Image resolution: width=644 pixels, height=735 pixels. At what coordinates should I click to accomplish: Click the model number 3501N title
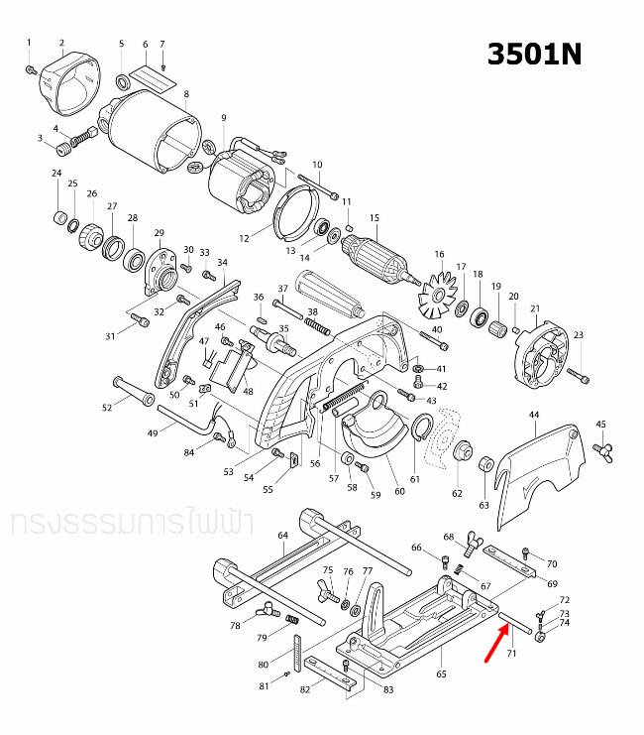coord(534,54)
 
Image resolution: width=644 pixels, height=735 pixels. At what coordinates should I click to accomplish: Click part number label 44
coord(534,414)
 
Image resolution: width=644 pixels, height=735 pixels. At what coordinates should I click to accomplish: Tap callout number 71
coord(512,656)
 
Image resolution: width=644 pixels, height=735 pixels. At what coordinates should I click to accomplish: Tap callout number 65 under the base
coord(441,674)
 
